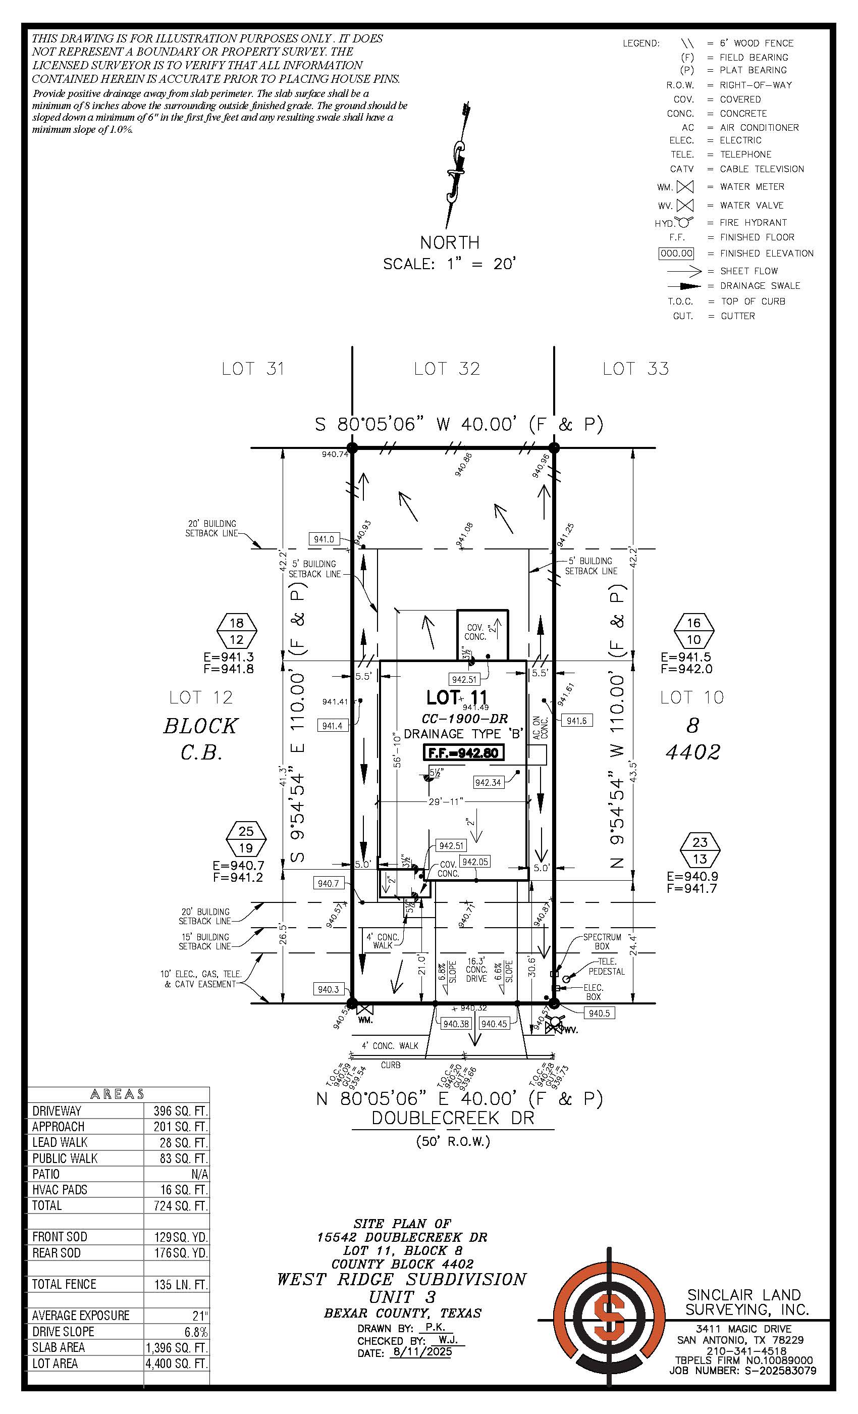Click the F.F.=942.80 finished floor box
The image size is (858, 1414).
[463, 752]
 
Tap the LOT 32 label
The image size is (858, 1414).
[447, 369]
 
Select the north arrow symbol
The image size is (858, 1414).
[457, 167]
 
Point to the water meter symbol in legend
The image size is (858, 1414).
[685, 187]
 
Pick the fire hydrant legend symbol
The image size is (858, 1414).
[685, 222]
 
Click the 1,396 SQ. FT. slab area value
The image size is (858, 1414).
[177, 1347]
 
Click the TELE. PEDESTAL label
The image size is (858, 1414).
[607, 967]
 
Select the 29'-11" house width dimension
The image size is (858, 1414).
[446, 801]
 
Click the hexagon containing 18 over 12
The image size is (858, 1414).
[236, 631]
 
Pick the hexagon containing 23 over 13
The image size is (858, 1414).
[700, 850]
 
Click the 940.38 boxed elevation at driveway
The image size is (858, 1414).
[456, 1024]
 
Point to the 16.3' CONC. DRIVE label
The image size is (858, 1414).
[476, 970]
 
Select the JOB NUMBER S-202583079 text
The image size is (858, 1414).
[743, 1371]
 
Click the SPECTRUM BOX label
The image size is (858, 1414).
[602, 941]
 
